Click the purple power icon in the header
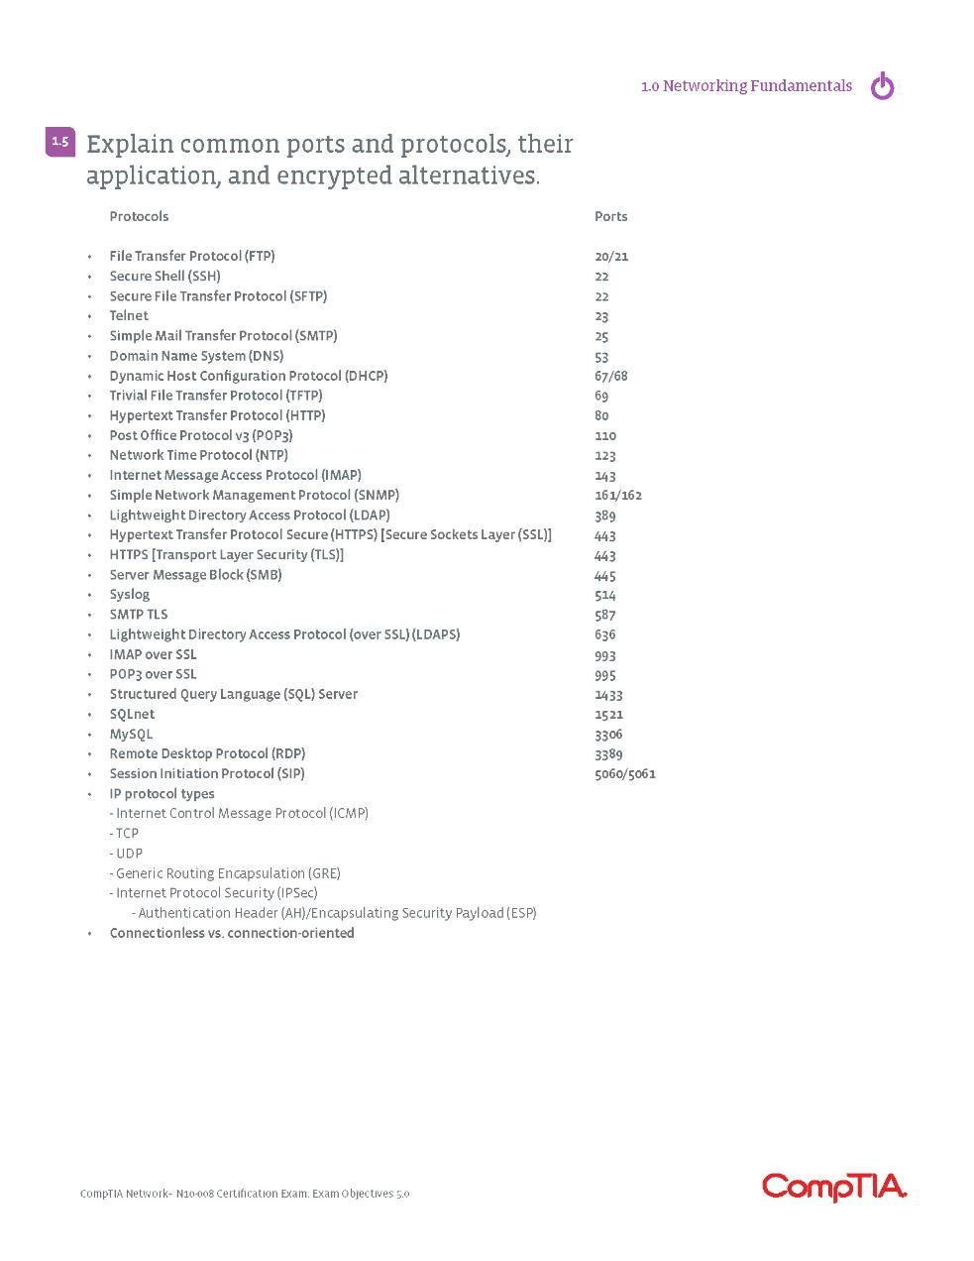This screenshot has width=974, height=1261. click(882, 87)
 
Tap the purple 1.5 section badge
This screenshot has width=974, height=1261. click(60, 142)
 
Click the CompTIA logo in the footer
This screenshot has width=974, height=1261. click(834, 1187)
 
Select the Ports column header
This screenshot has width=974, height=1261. click(610, 216)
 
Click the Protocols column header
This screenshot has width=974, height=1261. click(139, 216)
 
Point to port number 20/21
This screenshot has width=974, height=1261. click(611, 256)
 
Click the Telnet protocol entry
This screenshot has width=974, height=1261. click(129, 315)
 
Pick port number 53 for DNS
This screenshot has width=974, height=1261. click(601, 356)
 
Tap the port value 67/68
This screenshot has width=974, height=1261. click(610, 376)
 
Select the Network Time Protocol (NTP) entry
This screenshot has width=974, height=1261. click(198, 455)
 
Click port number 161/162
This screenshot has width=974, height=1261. click(618, 495)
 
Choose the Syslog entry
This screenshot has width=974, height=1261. click(130, 594)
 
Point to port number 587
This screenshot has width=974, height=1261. click(604, 615)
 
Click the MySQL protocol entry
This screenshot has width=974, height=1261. click(131, 734)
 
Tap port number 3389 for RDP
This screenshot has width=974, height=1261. click(608, 753)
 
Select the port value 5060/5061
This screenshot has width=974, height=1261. click(624, 773)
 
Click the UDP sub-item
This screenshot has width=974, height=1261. click(128, 853)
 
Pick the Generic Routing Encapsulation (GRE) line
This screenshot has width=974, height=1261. click(227, 873)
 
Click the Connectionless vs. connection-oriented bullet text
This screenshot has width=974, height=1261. click(231, 933)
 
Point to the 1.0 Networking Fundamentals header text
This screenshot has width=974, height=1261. click(746, 86)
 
